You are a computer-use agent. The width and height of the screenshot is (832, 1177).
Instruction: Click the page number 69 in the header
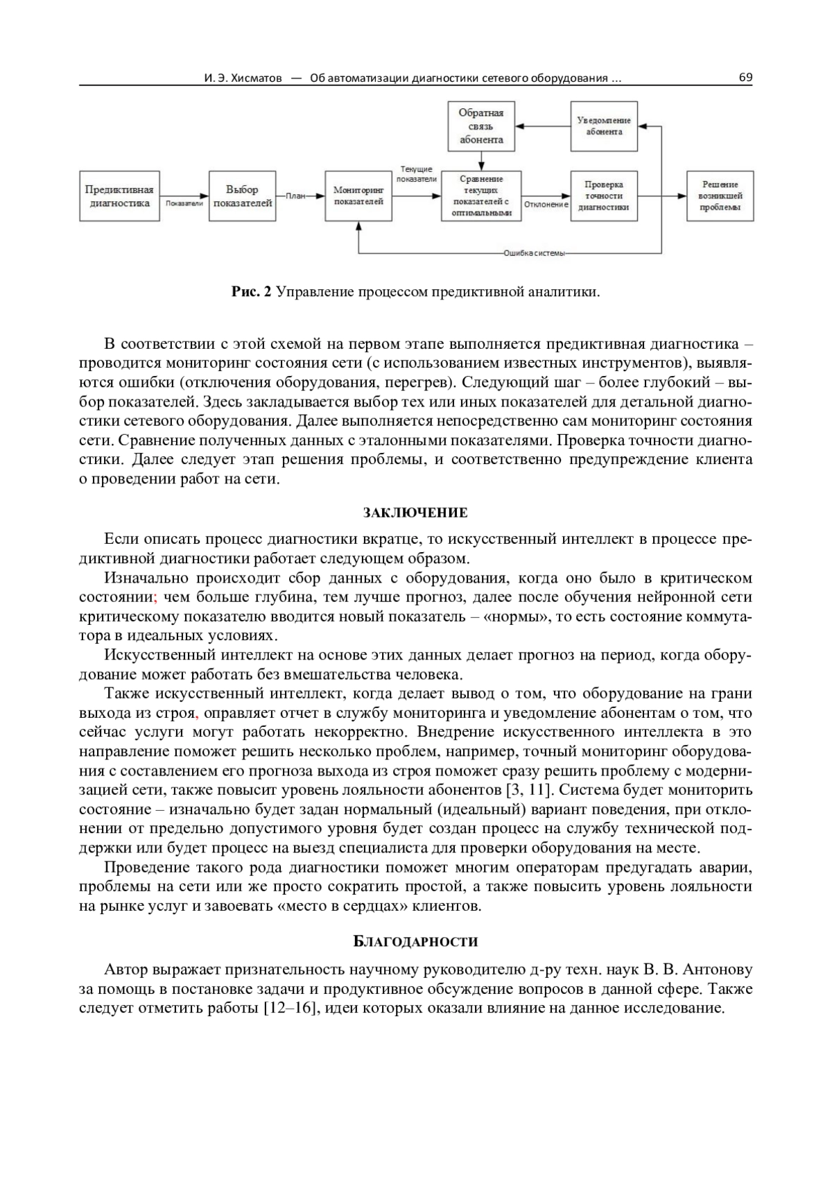tap(745, 78)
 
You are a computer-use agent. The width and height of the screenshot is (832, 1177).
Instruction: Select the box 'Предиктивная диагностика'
tap(119, 196)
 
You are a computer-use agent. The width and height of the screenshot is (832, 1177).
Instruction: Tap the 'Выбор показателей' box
tap(242, 196)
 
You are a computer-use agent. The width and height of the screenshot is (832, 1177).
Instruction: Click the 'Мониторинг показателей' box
tap(358, 196)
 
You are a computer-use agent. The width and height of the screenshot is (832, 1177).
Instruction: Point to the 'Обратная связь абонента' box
tap(481, 126)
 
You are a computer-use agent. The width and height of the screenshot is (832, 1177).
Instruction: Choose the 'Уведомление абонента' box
tap(603, 126)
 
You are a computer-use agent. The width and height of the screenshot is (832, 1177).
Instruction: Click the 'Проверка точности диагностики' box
tap(603, 196)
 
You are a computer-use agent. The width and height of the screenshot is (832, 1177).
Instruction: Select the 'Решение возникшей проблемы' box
tap(720, 196)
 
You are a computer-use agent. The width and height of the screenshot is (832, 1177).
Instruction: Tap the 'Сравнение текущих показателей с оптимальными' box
tap(481, 196)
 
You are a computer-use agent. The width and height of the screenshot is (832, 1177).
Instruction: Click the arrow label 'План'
tap(295, 196)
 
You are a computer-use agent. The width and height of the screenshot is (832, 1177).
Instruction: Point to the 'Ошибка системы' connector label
tap(534, 254)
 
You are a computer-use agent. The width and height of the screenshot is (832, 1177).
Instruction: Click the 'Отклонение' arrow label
tap(546, 205)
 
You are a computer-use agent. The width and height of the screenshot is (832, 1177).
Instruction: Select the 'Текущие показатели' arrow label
tap(417, 174)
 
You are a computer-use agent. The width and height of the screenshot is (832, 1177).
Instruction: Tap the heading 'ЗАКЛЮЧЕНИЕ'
tap(415, 513)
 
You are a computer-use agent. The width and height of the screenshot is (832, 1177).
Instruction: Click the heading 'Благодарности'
tap(415, 942)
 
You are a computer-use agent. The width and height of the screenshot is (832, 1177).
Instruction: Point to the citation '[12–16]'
tap(291, 1008)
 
